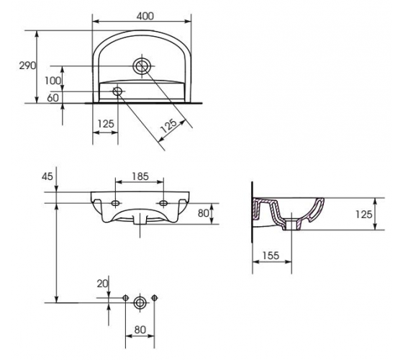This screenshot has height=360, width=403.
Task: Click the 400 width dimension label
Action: click(145, 16)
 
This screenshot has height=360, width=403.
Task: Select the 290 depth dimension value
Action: click(27, 66)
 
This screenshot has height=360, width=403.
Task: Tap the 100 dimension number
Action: click(53, 81)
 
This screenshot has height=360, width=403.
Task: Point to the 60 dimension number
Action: click(53, 98)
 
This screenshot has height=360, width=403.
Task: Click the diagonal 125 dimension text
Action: click(168, 125)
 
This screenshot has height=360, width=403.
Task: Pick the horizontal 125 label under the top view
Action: click(106, 124)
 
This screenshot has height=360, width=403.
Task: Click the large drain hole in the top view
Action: click(142, 66)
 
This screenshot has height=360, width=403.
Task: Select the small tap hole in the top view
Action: click(117, 91)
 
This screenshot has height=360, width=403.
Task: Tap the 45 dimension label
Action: click(47, 176)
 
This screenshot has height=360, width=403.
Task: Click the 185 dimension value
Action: click(140, 176)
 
